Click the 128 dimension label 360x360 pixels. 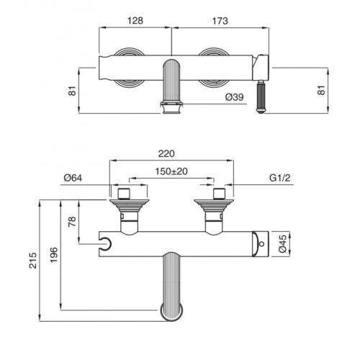tap(135, 21)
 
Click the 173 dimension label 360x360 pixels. tap(220, 21)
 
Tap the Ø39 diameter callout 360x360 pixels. tap(234, 97)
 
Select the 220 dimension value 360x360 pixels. tap(166, 153)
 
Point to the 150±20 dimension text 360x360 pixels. tap(171, 171)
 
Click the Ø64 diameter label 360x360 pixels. tap(73, 178)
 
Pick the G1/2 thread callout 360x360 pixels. tap(280, 178)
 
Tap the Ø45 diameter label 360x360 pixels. tap(283, 243)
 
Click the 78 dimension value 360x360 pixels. tap(72, 221)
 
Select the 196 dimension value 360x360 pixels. tap(54, 255)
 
